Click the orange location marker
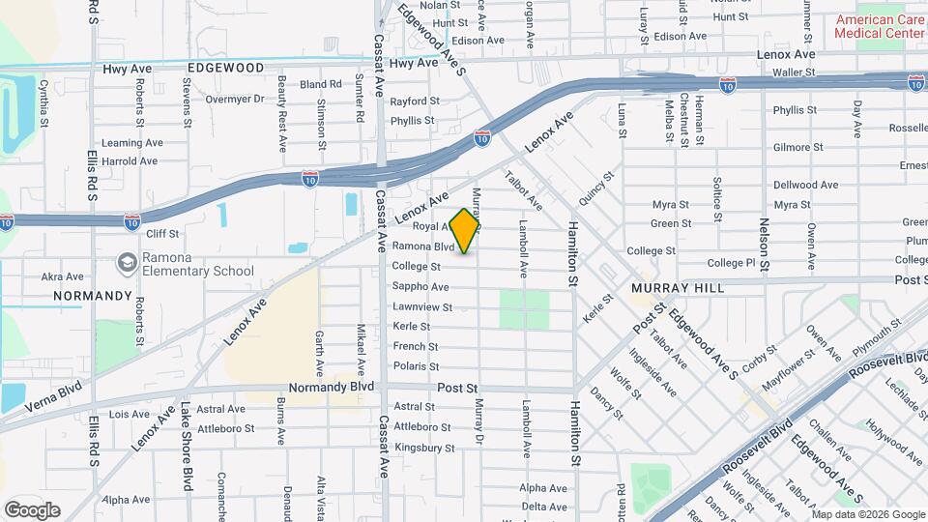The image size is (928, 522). (x=465, y=230)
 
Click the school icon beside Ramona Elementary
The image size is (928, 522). (x=127, y=263)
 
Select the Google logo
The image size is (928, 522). (x=32, y=510)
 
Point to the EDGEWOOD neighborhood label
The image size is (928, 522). (x=225, y=69)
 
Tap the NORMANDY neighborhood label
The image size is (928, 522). (x=93, y=295)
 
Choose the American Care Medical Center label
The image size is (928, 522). (x=881, y=26)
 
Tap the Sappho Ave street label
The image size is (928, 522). (x=420, y=287)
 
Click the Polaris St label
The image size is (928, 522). (x=416, y=366)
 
